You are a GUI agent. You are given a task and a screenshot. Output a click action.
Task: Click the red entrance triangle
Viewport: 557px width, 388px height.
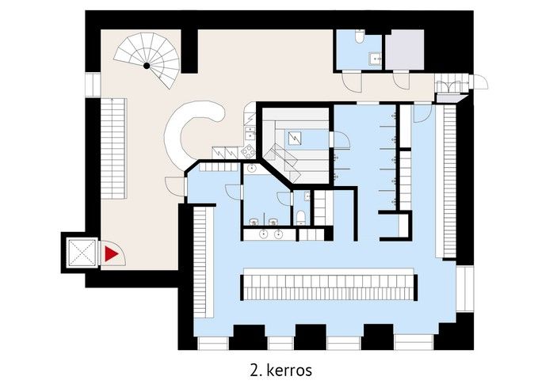click(111, 254)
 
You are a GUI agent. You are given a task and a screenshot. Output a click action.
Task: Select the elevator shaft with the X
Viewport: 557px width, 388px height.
click(82, 253)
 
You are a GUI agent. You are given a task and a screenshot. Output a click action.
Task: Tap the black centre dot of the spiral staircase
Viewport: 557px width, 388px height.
click(147, 65)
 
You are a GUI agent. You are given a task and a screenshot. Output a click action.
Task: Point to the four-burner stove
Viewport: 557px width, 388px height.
click(248, 151)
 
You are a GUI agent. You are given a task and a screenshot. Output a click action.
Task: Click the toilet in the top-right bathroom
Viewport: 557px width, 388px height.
click(360, 36)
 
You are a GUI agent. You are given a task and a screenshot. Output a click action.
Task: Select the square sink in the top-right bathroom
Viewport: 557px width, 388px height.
click(375, 59)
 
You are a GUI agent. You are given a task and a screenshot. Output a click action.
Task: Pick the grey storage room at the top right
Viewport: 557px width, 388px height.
click(405, 50)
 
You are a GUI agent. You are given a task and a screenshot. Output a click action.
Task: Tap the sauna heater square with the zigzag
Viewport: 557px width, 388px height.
click(295, 138)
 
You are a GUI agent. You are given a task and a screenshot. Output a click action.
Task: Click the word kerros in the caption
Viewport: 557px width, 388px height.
click(289, 371)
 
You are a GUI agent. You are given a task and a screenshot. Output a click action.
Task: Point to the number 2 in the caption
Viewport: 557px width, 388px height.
click(254, 371)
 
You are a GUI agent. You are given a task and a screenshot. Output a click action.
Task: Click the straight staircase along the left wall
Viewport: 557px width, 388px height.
click(113, 148)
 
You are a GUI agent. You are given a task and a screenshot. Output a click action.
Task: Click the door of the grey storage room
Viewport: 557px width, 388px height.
click(402, 80)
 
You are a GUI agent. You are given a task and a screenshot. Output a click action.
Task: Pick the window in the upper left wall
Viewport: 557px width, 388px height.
click(93, 85)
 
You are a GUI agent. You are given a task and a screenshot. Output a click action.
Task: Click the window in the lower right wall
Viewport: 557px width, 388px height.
click(465, 288)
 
